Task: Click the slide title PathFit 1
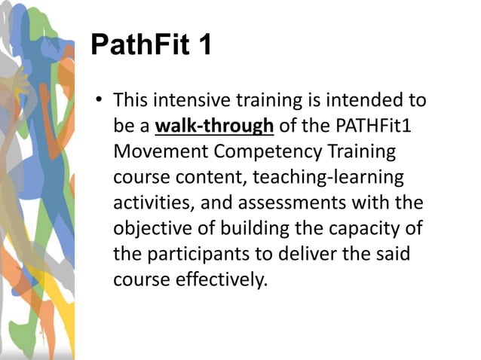point(151,45)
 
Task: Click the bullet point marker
point(98,101)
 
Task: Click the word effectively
point(226,279)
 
